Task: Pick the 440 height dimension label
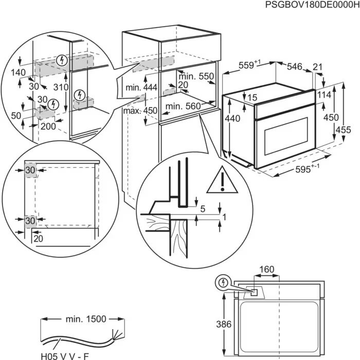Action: tap(232, 118)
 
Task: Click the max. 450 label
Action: tap(139, 111)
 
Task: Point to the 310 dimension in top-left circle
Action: tap(61, 87)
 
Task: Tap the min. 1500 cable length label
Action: tap(85, 319)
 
